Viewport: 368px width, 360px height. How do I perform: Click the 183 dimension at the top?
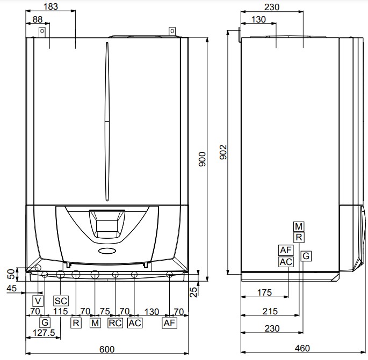(50, 6)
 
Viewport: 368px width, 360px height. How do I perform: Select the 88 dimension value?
(38, 19)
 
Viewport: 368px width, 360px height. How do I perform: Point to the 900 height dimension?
(202, 159)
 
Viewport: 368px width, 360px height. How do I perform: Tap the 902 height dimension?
(223, 152)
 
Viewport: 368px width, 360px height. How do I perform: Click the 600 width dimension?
(107, 349)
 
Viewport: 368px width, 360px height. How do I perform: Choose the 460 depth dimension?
(302, 348)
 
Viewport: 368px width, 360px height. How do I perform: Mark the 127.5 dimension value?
(44, 333)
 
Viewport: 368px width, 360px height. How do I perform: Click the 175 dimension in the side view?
(264, 292)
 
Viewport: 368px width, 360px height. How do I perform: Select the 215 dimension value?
(270, 311)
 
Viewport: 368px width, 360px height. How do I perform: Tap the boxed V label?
(38, 301)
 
